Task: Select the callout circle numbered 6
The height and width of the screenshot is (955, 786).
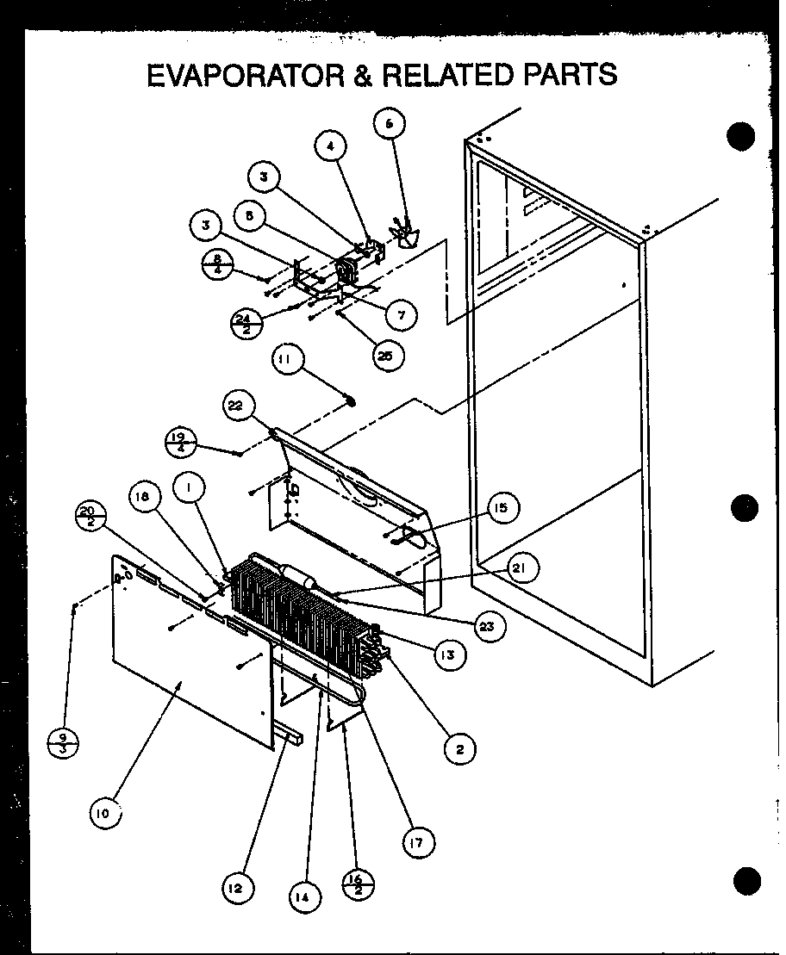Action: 389,123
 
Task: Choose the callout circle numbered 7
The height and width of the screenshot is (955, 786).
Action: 402,315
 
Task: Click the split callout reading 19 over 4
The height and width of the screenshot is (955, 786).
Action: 180,442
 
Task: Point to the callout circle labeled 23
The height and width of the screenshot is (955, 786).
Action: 487,627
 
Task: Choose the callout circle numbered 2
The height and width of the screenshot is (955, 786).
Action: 459,750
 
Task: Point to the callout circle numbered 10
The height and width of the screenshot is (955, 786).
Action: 104,815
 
